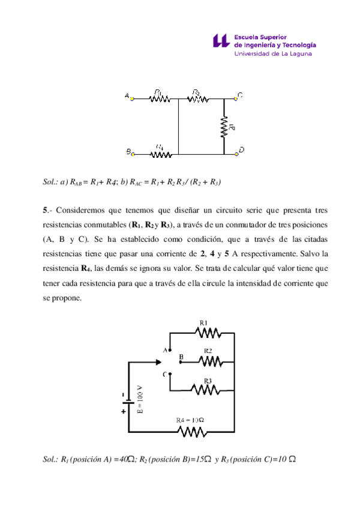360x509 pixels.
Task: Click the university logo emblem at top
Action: [x=221, y=40]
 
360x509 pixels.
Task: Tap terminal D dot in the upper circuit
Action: [x=237, y=154]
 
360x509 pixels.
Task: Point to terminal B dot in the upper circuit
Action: [x=133, y=154]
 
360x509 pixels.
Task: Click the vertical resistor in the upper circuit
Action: [x=224, y=127]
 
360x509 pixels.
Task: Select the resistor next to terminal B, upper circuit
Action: [x=160, y=154]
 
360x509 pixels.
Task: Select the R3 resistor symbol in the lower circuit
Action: [x=208, y=389]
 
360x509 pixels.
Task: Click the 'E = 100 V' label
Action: [x=140, y=401]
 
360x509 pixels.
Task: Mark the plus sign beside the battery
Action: [x=124, y=412]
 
